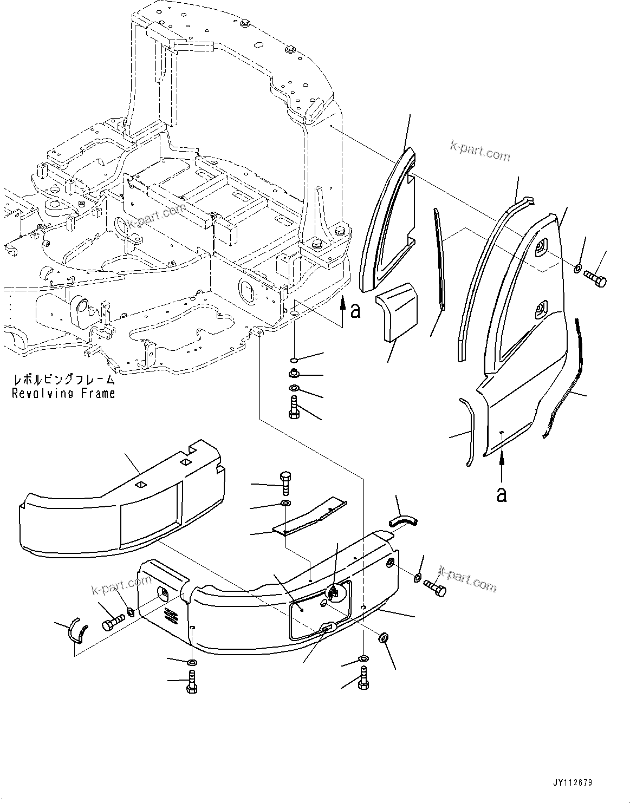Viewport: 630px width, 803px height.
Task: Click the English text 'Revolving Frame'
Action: pyautogui.click(x=63, y=394)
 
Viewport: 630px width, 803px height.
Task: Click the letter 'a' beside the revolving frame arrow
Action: pyautogui.click(x=355, y=311)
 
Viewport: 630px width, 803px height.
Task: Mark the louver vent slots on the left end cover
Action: pyautogui.click(x=171, y=616)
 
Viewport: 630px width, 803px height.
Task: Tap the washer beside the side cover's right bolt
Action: pyautogui.click(x=578, y=267)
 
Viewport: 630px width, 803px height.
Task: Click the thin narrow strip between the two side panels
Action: pyautogui.click(x=439, y=260)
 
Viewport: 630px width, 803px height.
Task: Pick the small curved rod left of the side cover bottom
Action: pyautogui.click(x=468, y=430)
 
